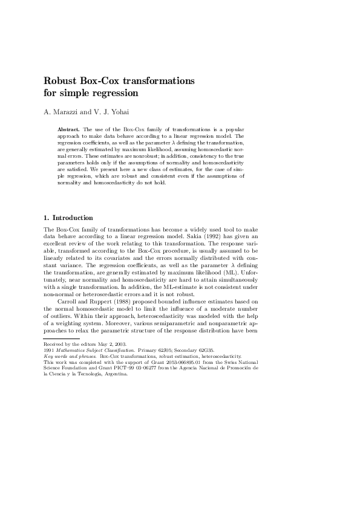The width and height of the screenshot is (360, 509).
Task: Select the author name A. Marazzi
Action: [x=64, y=112]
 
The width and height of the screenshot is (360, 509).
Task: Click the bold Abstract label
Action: [x=68, y=129]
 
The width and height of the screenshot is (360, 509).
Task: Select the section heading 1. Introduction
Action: [x=68, y=218]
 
